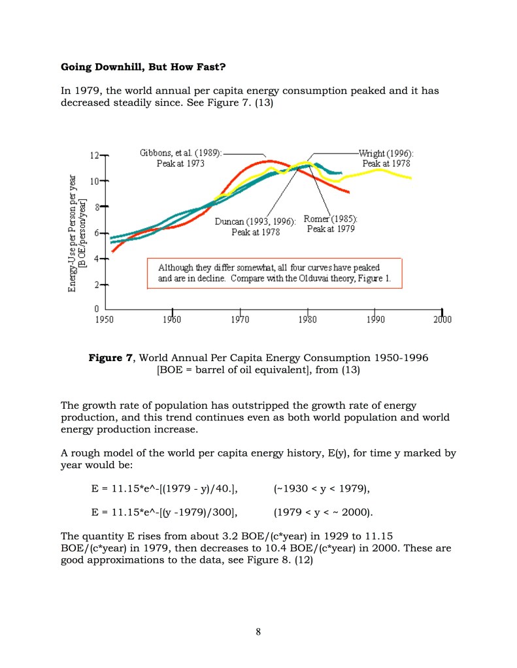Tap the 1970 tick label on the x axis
tap(241, 320)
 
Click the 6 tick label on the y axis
tap(96, 233)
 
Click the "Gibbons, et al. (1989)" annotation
tap(180, 152)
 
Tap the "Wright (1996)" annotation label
tap(386, 153)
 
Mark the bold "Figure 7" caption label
tap(111, 358)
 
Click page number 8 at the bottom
tap(258, 631)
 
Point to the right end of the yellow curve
tap(411, 178)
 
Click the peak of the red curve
tap(268, 161)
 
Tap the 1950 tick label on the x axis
tap(105, 320)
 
